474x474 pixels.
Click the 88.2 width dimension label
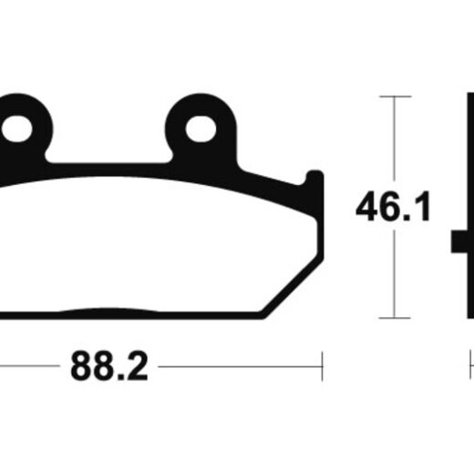coord(109,366)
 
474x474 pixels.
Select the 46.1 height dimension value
coord(393,206)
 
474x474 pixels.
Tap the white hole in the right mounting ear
coord(201,129)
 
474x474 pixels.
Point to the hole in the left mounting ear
coord(17,129)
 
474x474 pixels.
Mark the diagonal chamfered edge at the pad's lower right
coord(293,287)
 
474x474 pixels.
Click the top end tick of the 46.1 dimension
coord(395,97)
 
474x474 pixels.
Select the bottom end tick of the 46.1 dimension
coord(395,318)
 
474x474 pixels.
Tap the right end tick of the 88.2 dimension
coord(322,366)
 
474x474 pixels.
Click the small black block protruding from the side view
coord(459,242)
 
